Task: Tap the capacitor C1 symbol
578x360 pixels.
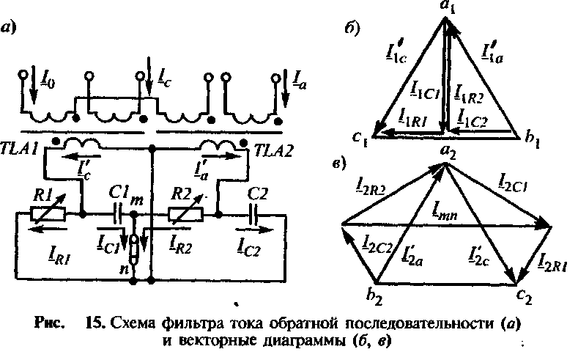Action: tap(117, 215)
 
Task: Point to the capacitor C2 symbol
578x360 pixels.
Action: tap(255, 215)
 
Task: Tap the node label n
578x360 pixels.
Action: tap(126, 273)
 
